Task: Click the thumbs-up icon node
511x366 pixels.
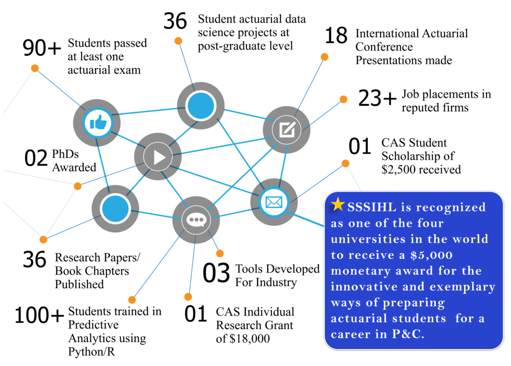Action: click(x=97, y=123)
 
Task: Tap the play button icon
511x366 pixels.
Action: click(x=158, y=157)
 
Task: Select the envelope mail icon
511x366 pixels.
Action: click(x=274, y=202)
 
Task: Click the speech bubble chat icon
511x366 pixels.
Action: click(x=196, y=220)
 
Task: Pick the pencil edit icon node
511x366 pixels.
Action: click(x=287, y=130)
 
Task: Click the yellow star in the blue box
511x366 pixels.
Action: click(x=338, y=204)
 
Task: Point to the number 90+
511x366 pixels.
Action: click(x=42, y=48)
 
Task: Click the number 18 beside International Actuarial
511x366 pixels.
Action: click(x=336, y=35)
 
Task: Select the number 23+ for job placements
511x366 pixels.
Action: click(x=377, y=98)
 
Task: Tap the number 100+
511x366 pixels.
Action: click(x=39, y=315)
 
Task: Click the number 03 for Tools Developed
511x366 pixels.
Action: click(x=217, y=273)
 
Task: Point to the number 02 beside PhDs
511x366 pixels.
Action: click(x=36, y=158)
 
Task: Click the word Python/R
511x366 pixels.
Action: click(x=92, y=352)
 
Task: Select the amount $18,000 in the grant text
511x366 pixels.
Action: click(x=250, y=339)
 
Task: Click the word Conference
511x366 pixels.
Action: click(x=384, y=47)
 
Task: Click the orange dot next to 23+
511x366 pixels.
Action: click(x=343, y=99)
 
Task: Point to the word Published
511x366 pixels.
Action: click(x=79, y=284)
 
